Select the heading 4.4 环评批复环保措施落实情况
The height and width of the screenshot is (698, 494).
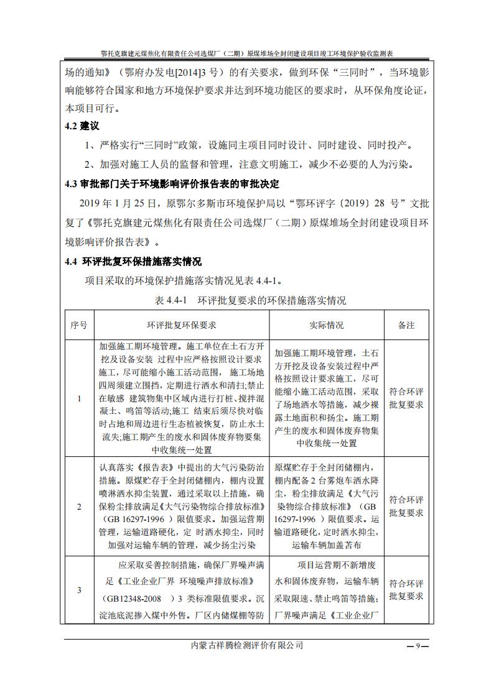(x=133, y=261)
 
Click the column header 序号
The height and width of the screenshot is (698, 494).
(x=79, y=325)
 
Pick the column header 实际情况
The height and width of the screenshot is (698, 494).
(x=326, y=325)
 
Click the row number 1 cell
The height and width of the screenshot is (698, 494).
(x=79, y=398)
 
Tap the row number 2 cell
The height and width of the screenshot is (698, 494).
(x=79, y=507)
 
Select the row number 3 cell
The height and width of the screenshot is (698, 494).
(x=79, y=590)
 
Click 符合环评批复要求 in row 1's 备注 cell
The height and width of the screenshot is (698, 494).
(x=406, y=398)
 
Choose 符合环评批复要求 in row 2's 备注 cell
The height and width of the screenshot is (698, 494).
(x=406, y=507)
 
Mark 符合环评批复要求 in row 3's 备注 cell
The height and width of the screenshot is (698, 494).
(x=406, y=590)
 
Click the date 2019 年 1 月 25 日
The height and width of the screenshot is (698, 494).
(x=120, y=203)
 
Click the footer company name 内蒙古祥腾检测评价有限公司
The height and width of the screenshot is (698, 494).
(x=248, y=646)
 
